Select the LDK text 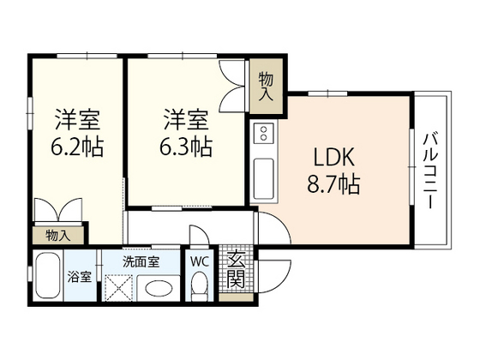click(x=331, y=159)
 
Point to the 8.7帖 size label click(x=331, y=184)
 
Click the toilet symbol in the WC click(x=201, y=285)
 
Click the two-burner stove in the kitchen click(x=264, y=133)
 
